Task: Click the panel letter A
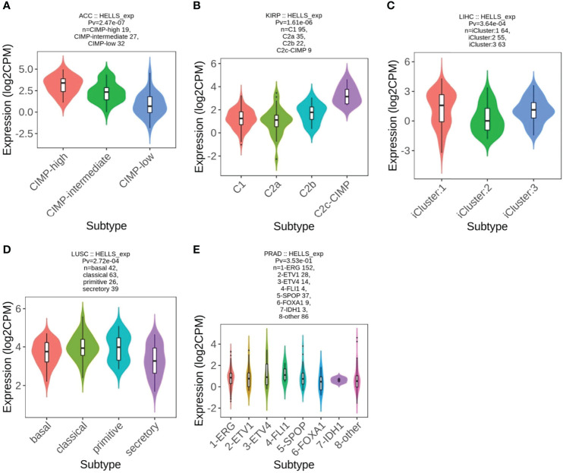(x=7, y=6)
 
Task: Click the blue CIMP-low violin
(x=149, y=105)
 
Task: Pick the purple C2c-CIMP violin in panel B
(x=348, y=96)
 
